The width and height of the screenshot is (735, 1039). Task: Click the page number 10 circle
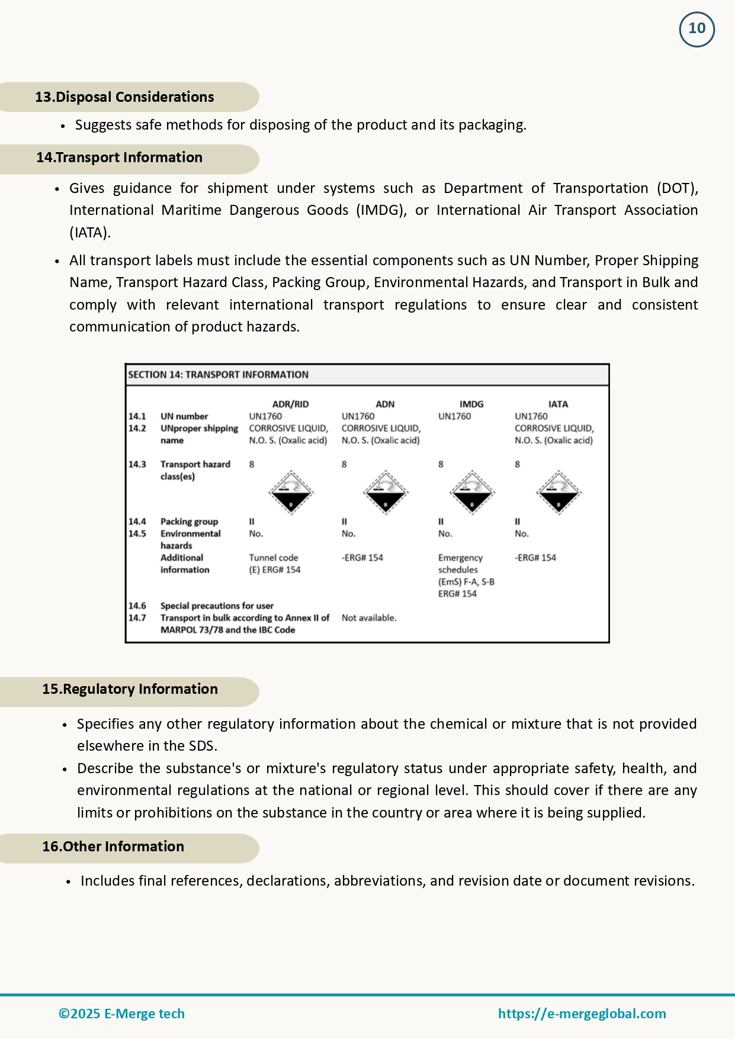(697, 29)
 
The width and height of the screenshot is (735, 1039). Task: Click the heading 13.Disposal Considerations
(124, 97)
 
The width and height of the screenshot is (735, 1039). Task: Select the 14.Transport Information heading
(119, 157)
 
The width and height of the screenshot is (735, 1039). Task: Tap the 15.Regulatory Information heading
(130, 689)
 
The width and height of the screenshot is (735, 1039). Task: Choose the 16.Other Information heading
(113, 847)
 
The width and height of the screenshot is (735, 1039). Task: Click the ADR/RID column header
(290, 404)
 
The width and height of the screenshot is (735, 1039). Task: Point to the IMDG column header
(471, 404)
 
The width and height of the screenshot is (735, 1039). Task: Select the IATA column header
(558, 404)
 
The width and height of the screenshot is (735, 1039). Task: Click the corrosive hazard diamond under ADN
(385, 493)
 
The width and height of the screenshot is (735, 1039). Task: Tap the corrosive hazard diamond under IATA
(559, 493)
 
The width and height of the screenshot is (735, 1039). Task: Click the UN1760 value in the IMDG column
(454, 417)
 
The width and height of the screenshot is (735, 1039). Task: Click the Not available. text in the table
(369, 618)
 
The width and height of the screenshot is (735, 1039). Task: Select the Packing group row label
(189, 522)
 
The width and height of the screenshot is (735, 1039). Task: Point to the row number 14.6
(137, 606)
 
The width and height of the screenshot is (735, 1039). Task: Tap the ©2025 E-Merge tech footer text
(121, 1014)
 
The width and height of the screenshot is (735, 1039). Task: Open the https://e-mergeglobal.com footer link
(582, 1014)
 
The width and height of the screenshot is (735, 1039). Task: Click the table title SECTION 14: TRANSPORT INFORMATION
(218, 375)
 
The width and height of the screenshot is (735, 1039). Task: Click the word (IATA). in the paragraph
(90, 233)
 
